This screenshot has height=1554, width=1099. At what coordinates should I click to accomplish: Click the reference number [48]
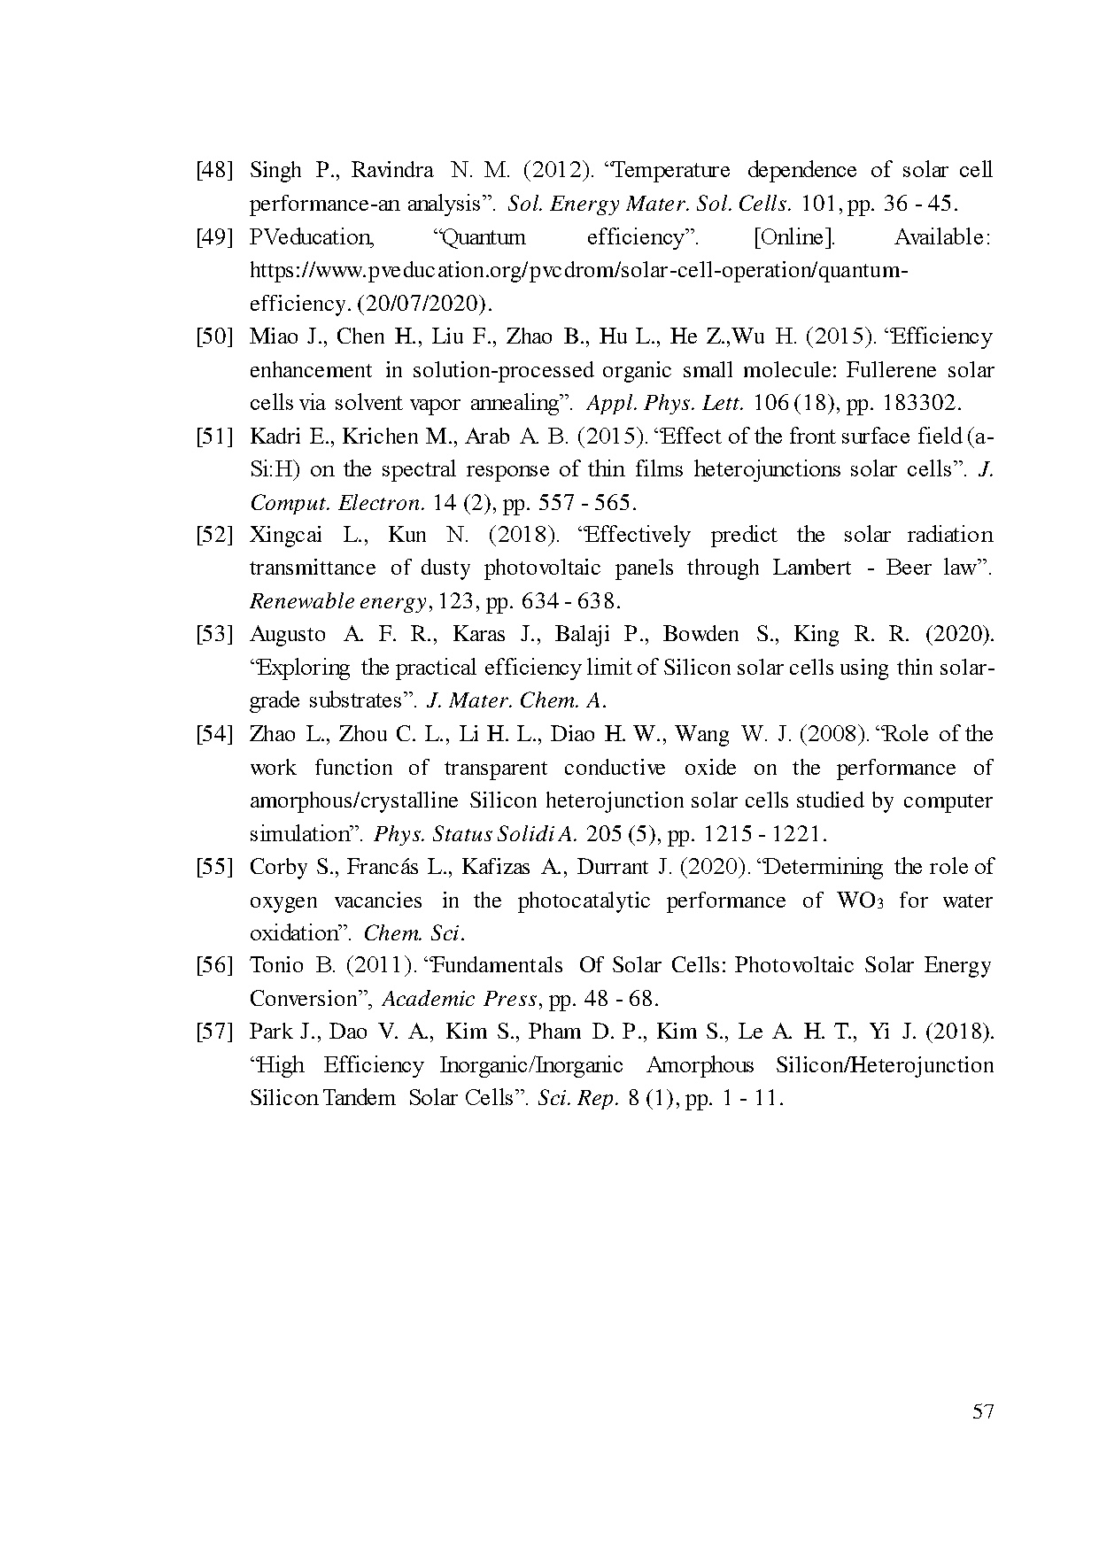[213, 170]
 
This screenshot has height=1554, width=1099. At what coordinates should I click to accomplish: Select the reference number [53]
[213, 634]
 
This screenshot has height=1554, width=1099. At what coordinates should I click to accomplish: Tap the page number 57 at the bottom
[983, 1411]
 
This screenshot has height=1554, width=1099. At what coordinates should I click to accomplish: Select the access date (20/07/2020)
[425, 304]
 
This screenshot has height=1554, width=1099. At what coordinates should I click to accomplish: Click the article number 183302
[921, 403]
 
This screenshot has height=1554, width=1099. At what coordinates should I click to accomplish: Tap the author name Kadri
[277, 437]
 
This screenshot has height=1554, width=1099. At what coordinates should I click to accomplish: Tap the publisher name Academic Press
[460, 999]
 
